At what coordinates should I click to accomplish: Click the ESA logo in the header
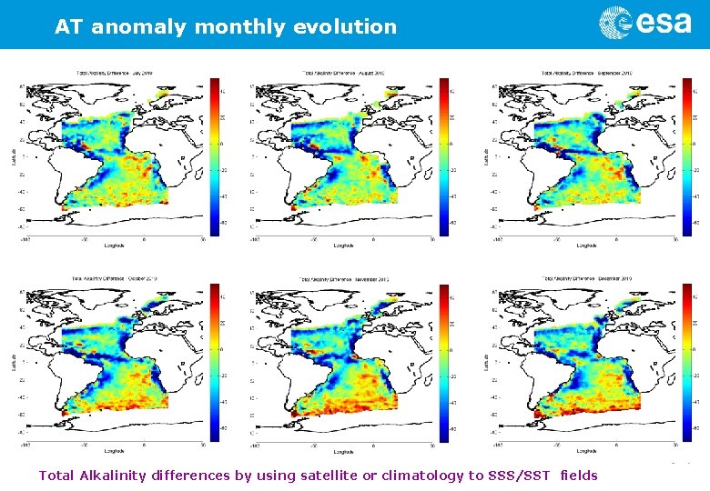644,23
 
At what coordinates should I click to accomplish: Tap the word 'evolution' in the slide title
345,27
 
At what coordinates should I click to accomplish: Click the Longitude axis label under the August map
344,245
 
